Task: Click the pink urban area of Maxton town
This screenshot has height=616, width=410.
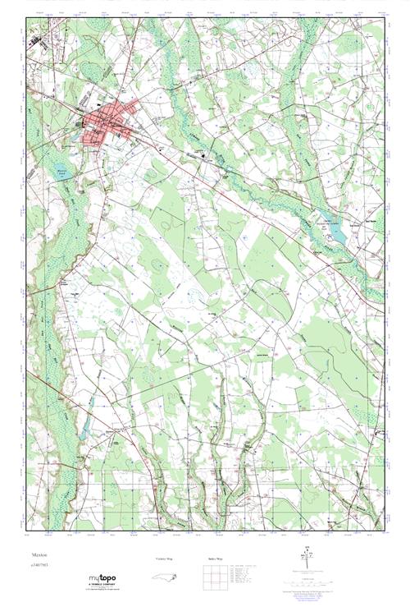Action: click(x=107, y=120)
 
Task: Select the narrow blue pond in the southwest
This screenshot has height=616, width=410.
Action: click(x=85, y=426)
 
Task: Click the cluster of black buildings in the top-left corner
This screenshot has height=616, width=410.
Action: click(x=35, y=39)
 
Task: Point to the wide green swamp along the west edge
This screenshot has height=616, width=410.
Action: click(x=49, y=329)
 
